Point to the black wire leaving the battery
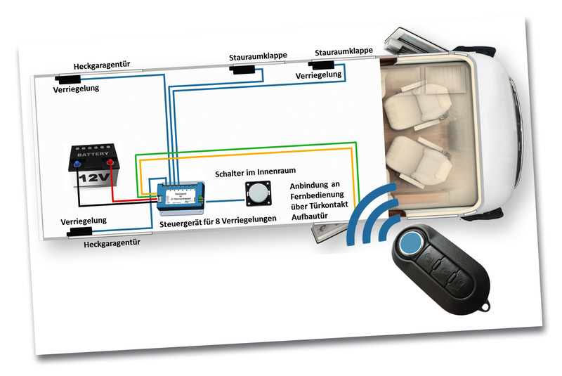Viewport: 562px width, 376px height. [105, 205]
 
